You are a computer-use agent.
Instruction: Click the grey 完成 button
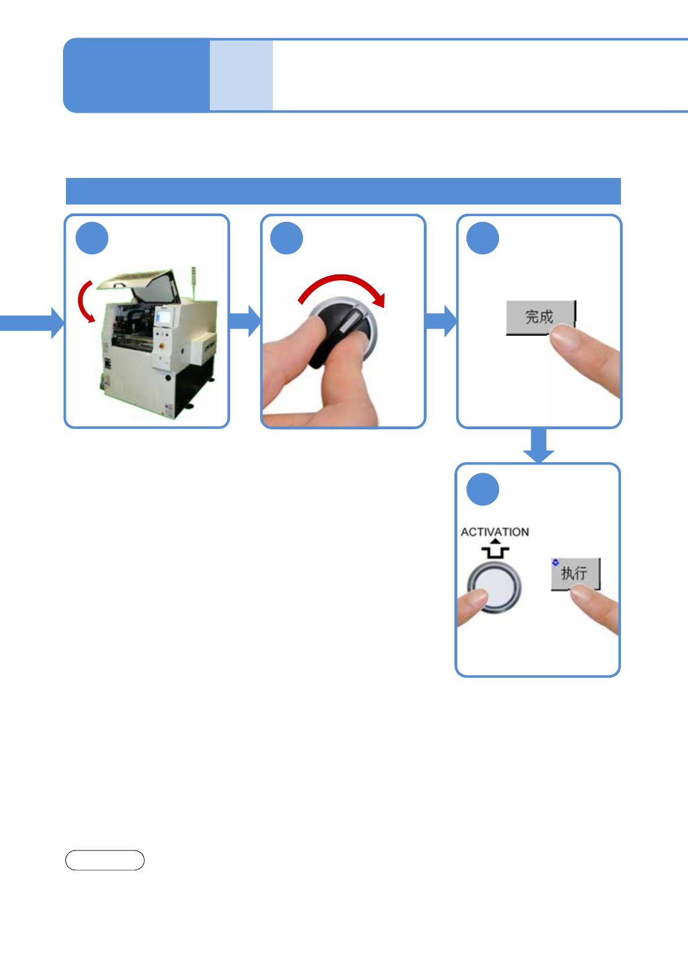click(x=539, y=317)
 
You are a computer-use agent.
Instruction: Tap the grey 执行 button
click(x=574, y=573)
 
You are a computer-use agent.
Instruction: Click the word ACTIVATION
click(x=494, y=532)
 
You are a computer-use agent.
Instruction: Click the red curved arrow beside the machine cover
click(x=85, y=301)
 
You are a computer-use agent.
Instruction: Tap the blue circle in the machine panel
click(x=92, y=238)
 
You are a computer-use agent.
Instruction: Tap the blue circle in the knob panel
click(x=287, y=238)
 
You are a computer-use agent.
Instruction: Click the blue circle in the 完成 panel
click(x=483, y=238)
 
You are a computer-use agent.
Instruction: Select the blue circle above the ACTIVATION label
click(x=483, y=489)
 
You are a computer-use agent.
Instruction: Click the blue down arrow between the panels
click(x=539, y=445)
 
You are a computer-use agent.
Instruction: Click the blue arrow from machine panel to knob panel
click(x=245, y=321)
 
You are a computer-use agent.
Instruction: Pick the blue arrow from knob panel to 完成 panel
click(x=441, y=321)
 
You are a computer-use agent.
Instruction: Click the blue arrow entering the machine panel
click(x=32, y=322)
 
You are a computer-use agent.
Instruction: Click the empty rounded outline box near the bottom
click(x=105, y=860)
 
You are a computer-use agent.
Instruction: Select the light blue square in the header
click(x=241, y=75)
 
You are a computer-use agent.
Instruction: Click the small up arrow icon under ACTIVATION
click(x=495, y=549)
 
